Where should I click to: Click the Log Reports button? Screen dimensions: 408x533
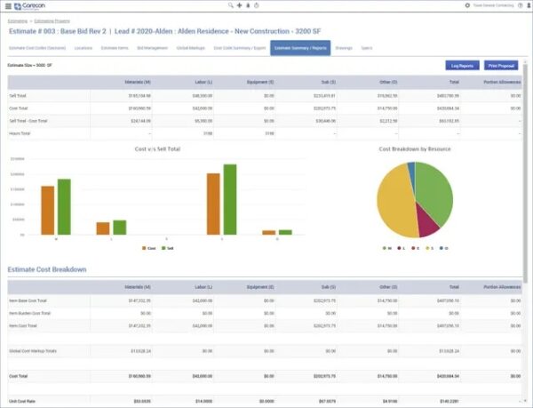tap(461, 65)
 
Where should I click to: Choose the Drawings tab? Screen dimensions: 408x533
tap(344, 47)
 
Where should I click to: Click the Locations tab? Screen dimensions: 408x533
tap(84, 47)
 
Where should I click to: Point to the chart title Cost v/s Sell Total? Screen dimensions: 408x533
tap(157, 148)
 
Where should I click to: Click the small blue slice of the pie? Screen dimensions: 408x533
tap(411, 172)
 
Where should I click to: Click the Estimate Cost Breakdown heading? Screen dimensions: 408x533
tap(47, 269)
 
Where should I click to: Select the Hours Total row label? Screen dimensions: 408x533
tap(21, 133)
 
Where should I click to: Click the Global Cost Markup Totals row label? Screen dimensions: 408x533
tap(31, 351)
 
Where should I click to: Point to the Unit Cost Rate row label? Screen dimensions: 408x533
tap(22, 403)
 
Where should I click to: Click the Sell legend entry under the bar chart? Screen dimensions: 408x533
tap(169, 248)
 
